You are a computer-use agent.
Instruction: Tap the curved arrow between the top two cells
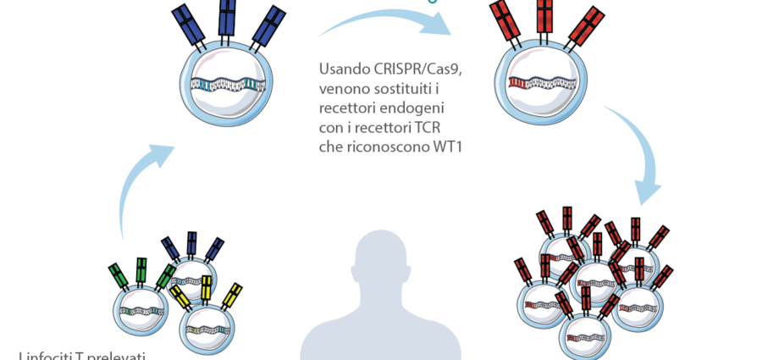[x=389, y=25]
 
